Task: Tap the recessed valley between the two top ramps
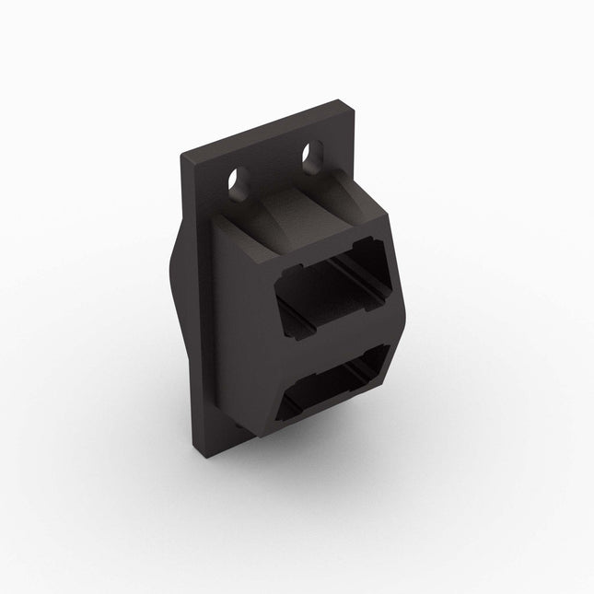[x=295, y=207]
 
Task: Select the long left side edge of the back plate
[x=190, y=304]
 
